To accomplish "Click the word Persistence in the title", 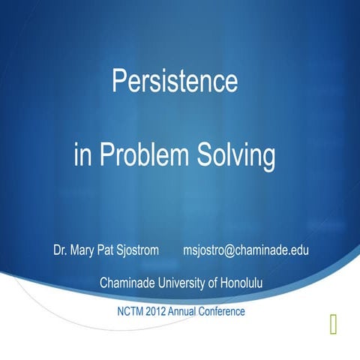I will [175, 81].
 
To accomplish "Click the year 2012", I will [161, 310].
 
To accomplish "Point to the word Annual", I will [190, 310].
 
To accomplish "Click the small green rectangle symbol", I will [332, 323].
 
